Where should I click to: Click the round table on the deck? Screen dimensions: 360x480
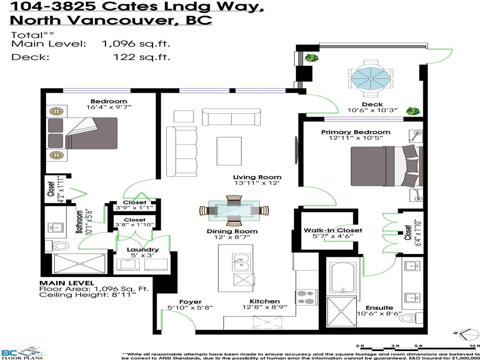point(369,76)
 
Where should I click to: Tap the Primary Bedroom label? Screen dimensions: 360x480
point(355,132)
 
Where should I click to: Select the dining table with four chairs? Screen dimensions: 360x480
point(232,210)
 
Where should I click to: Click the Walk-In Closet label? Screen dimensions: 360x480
point(332,230)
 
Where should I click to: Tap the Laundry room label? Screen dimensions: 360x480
point(142,249)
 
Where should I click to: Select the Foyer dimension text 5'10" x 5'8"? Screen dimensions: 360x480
point(190,308)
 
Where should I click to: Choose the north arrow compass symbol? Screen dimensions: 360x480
point(466,335)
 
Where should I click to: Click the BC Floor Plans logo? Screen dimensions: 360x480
point(22,352)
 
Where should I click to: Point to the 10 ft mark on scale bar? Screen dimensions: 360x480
point(476,346)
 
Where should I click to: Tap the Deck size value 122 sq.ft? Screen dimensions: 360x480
point(142,57)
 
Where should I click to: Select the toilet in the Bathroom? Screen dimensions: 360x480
point(60,245)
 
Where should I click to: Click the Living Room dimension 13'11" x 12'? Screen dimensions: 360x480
point(257,183)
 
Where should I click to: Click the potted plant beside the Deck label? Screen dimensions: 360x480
point(412,111)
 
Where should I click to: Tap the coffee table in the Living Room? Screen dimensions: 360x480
point(229,151)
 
